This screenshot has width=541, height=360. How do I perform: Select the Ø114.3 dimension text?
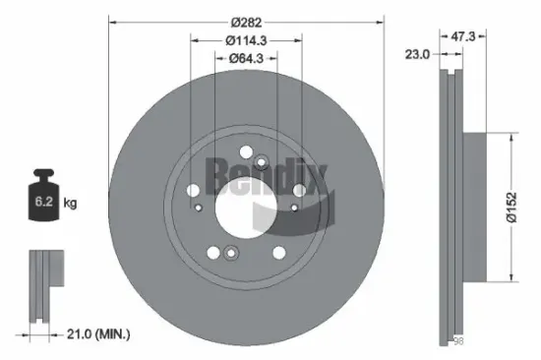[x=246, y=40]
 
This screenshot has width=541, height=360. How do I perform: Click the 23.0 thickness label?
[x=417, y=55]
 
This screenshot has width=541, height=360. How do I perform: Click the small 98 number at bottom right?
[x=456, y=340]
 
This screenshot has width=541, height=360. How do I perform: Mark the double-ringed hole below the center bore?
[x=229, y=254]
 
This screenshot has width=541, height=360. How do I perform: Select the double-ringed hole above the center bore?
[x=262, y=163]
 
